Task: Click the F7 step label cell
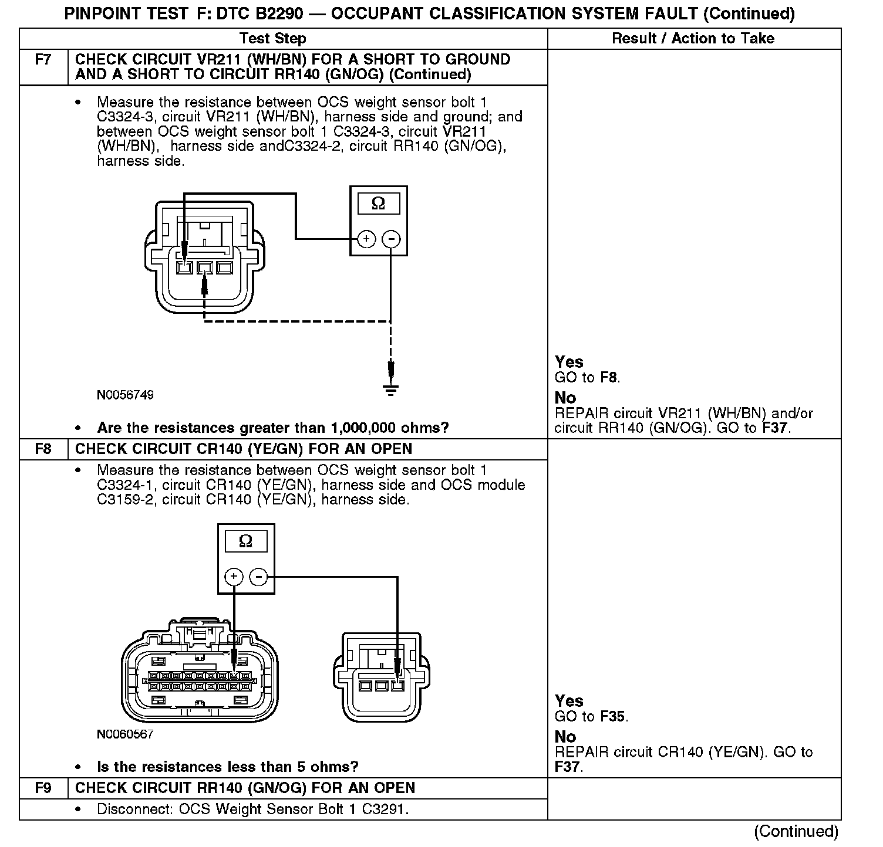pos(43,60)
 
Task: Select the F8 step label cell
pos(43,449)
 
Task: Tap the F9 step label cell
pos(43,788)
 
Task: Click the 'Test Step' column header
pos(273,39)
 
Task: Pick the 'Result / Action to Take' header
pos(693,39)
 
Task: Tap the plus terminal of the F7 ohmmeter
pos(366,239)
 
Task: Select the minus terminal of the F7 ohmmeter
pos(391,239)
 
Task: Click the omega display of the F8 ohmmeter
pos(246,541)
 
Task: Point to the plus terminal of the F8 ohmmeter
pos(234,577)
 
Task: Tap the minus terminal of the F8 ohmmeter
pos(258,577)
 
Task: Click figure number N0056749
pos(125,395)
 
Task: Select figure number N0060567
pos(125,734)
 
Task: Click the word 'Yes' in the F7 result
pos(569,362)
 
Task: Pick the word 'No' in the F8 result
pos(565,737)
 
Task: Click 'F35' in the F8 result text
pos(613,716)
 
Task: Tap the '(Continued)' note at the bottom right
pos(796,831)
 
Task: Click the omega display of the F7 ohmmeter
pos(379,204)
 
